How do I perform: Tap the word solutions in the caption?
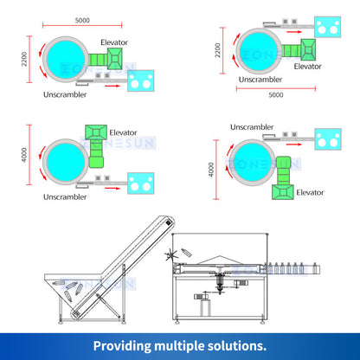(x=236, y=344)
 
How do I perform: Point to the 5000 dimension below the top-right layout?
(x=275, y=94)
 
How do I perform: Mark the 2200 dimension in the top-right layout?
(x=217, y=49)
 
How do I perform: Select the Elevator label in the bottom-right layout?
(x=311, y=192)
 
